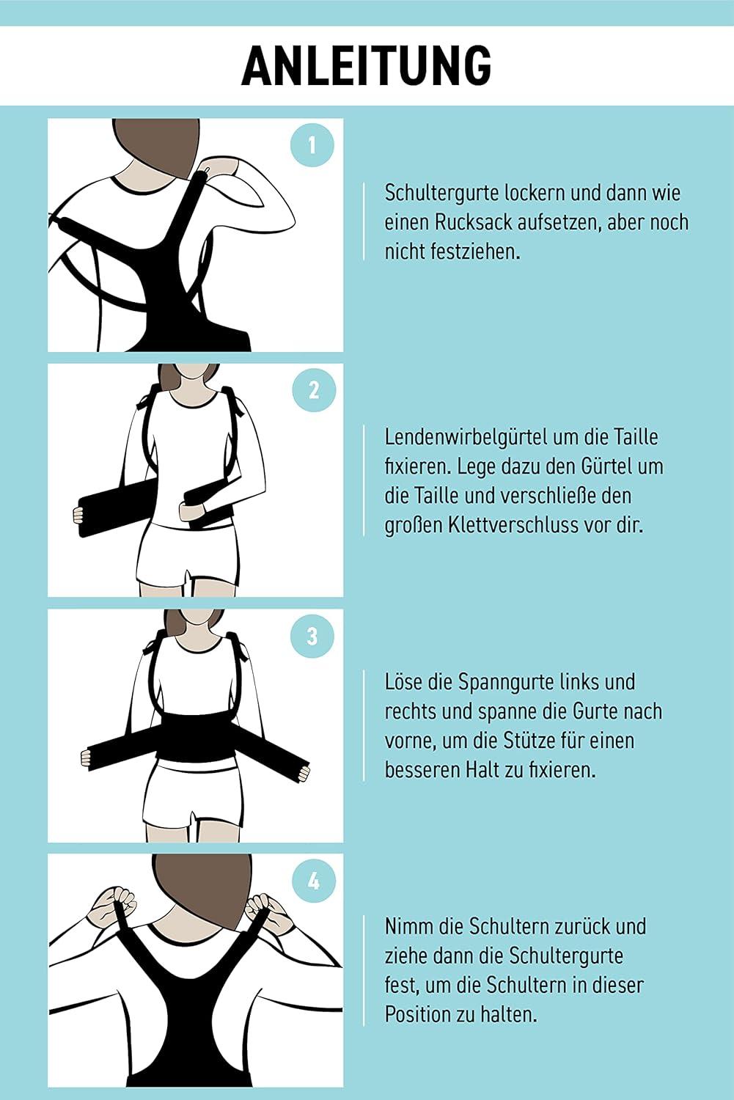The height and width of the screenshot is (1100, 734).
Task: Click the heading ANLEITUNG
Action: pyautogui.click(x=366, y=66)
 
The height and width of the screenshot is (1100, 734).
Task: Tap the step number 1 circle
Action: pyautogui.click(x=312, y=145)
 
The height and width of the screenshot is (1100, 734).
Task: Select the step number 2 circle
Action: pyautogui.click(x=313, y=389)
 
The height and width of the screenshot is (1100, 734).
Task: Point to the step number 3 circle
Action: pyautogui.click(x=312, y=635)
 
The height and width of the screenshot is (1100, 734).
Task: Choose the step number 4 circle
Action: pyautogui.click(x=313, y=880)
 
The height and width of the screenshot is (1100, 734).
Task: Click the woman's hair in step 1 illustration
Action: pyautogui.click(x=158, y=143)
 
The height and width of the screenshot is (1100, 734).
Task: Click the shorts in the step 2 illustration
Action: pyautogui.click(x=190, y=554)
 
